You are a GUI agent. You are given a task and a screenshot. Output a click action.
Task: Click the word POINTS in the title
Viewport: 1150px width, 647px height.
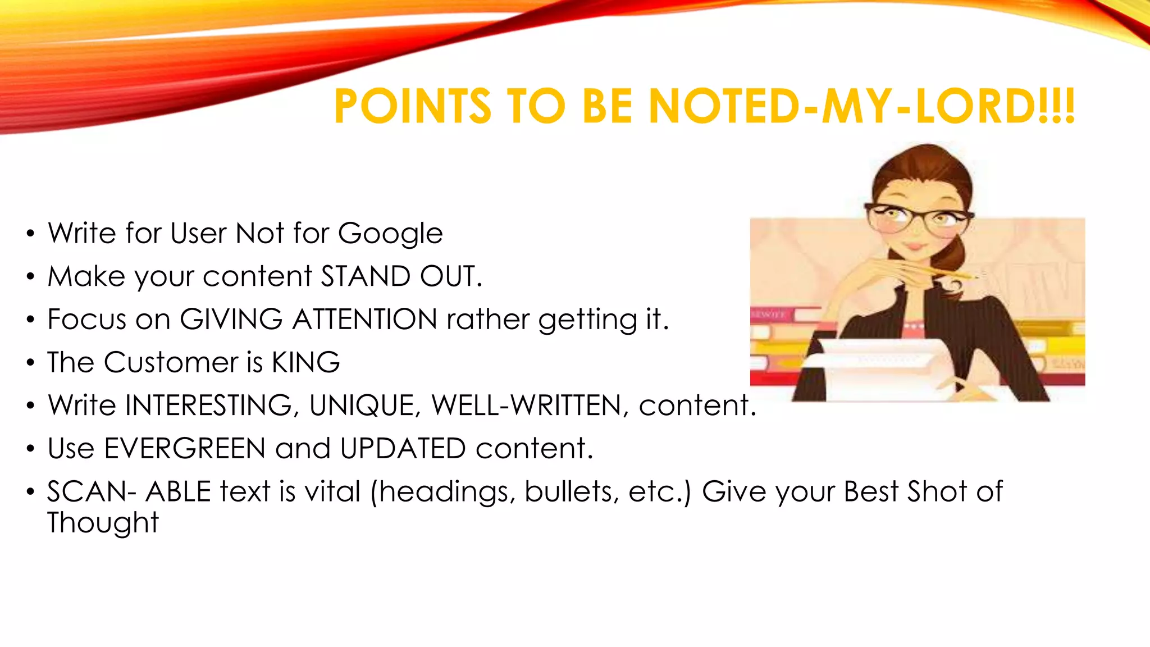tap(413, 106)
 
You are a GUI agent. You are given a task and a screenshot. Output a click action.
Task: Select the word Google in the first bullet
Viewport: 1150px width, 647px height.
tap(390, 234)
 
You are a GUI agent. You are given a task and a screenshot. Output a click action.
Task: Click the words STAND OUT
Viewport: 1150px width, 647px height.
tap(401, 276)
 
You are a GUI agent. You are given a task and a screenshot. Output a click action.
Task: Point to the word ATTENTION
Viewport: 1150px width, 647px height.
tap(364, 319)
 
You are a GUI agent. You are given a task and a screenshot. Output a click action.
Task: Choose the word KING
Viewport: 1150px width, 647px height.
tap(306, 362)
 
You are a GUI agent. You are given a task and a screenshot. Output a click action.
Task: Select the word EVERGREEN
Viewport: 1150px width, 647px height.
tap(185, 449)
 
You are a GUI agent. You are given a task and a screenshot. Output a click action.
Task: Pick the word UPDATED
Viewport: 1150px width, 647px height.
tap(403, 449)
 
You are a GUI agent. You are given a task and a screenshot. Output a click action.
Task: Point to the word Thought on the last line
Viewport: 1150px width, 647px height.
tap(103, 523)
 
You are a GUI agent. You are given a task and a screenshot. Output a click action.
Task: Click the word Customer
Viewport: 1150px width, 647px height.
tap(171, 362)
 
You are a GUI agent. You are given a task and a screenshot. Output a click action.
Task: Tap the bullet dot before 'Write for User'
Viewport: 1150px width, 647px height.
tap(30, 234)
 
